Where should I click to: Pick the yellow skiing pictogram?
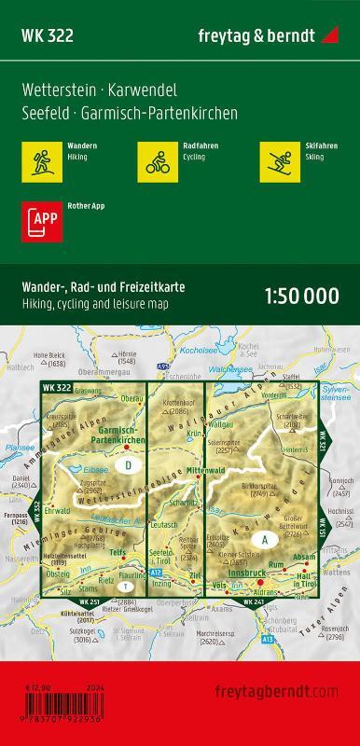click(277, 160)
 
